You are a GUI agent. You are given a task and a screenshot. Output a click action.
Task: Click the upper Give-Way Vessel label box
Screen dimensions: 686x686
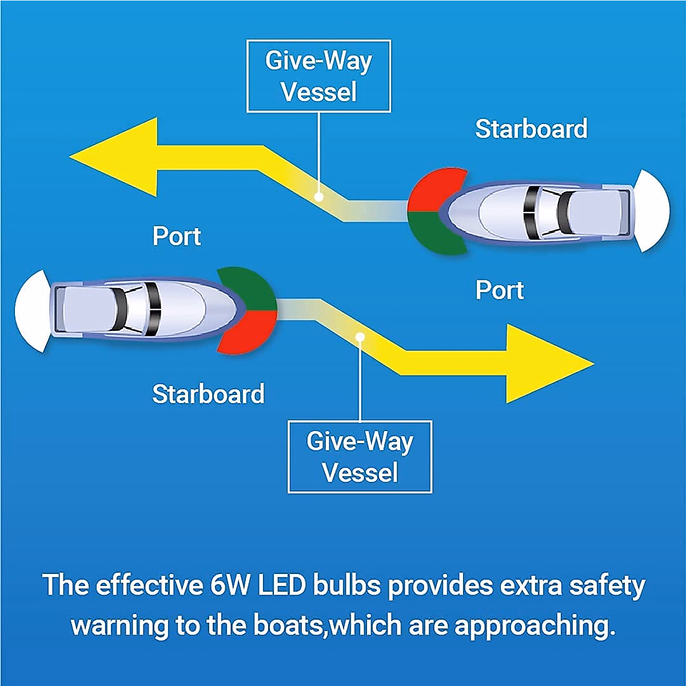point(318,76)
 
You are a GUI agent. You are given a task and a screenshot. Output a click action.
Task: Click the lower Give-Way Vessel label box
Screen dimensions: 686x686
point(360,457)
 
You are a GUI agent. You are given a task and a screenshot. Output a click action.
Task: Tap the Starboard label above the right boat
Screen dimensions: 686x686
point(531,129)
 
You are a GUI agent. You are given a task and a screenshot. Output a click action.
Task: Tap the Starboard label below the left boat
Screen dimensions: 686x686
point(208,394)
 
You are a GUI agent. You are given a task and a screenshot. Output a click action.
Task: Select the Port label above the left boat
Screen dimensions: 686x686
point(177,237)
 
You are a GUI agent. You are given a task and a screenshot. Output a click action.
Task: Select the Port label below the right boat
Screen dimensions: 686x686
point(500,290)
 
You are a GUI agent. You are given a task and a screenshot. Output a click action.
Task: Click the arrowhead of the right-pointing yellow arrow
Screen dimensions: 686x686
point(543,364)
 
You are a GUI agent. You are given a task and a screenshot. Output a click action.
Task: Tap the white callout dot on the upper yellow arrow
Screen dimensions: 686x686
point(319,197)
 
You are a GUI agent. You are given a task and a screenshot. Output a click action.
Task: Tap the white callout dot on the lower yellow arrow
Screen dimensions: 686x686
point(360,337)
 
